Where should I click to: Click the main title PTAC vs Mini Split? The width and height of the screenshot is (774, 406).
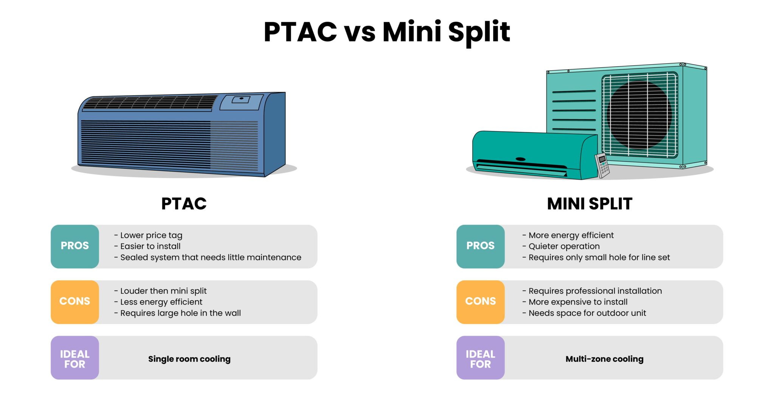tap(387, 32)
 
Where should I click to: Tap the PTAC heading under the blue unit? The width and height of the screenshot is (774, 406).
tap(184, 204)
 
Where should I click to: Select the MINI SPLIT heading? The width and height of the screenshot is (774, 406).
tap(589, 204)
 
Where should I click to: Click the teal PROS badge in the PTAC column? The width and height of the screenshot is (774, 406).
tap(75, 246)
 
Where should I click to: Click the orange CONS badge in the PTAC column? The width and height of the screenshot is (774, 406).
tap(75, 302)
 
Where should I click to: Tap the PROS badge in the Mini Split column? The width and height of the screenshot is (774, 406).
tap(480, 246)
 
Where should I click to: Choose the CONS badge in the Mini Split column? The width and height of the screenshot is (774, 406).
tap(480, 302)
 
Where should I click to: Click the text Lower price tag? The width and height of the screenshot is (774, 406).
tap(151, 235)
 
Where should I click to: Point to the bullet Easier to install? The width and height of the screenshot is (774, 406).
tap(150, 246)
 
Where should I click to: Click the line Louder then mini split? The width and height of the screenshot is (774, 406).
tap(163, 291)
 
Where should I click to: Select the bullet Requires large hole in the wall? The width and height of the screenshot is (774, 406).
tap(180, 313)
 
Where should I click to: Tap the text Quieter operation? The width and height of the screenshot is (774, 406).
tap(564, 246)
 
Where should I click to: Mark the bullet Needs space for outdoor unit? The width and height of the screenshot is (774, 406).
tap(587, 313)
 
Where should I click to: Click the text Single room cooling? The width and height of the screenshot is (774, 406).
tap(189, 359)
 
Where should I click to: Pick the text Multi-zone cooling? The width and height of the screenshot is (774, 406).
tap(604, 359)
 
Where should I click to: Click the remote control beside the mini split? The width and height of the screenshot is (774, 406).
tap(602, 165)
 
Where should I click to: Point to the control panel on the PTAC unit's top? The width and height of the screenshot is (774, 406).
tap(241, 101)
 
